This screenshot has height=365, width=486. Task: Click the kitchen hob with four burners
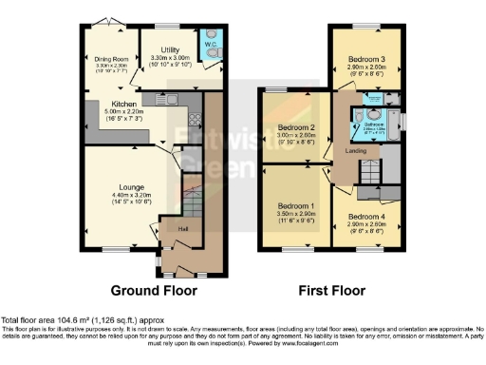pos(196,120)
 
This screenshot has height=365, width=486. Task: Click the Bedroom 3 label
pos(364,58)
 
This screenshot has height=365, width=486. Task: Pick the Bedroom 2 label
pos(296,128)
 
